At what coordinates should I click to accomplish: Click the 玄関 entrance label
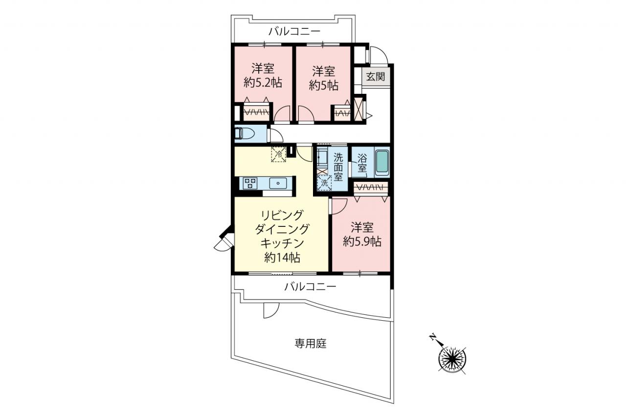[x=376, y=77]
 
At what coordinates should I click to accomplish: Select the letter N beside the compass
[x=433, y=338]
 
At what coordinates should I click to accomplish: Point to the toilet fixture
[x=245, y=133]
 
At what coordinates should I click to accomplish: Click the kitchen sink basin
[x=278, y=183]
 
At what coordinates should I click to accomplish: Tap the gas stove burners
[x=250, y=183]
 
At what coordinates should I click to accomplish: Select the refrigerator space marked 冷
[x=279, y=154]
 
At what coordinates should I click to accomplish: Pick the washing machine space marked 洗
[x=324, y=183]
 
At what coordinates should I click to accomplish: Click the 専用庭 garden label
[x=311, y=344]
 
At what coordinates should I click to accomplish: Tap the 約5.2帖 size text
[x=263, y=83]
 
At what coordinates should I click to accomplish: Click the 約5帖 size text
[x=324, y=86]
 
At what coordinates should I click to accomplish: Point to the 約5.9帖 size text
[x=362, y=241]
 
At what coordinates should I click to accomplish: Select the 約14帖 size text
[x=282, y=258]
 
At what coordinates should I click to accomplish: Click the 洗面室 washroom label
[x=338, y=167]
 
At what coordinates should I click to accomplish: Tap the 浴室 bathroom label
[x=362, y=163]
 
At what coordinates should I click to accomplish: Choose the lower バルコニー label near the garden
[x=310, y=286]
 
